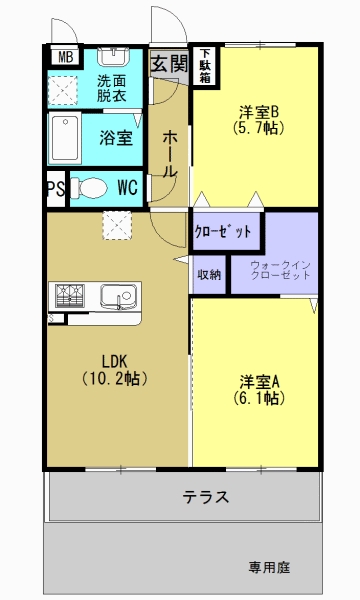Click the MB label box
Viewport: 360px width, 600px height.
64,57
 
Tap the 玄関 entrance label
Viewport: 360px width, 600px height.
169,64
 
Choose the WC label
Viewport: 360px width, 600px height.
127,187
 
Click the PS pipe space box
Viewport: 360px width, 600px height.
55,188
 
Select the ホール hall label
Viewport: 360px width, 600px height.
170,153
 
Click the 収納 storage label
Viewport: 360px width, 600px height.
209,273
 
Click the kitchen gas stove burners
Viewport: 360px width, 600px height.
70,294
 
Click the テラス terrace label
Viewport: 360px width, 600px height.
205,496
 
